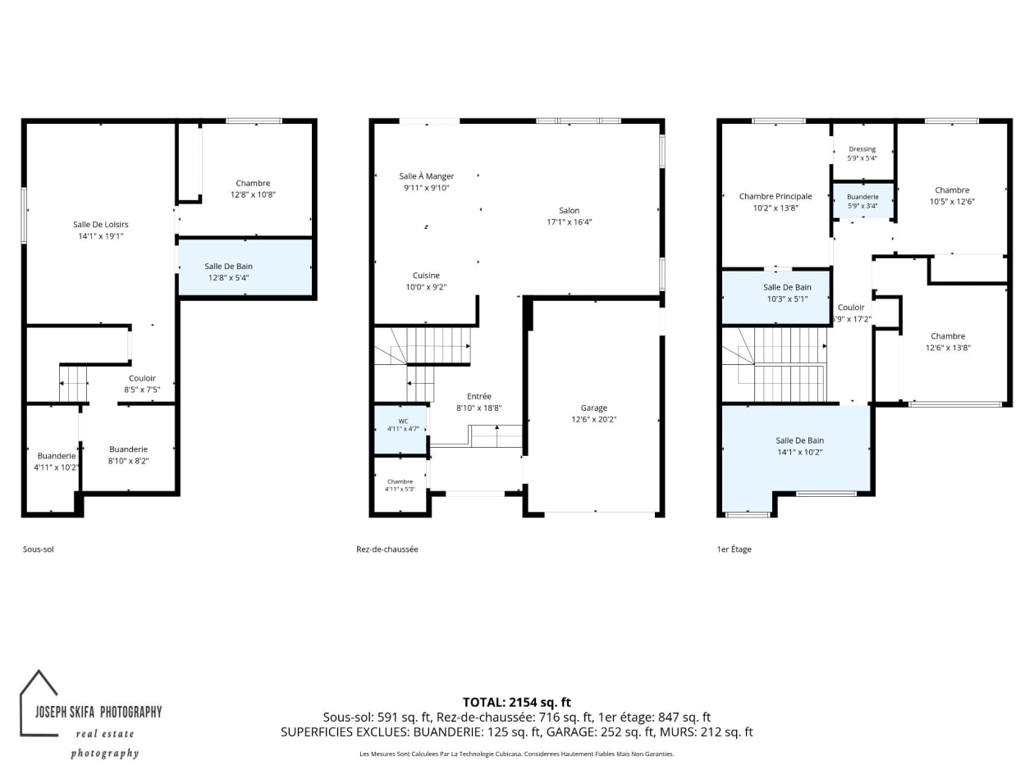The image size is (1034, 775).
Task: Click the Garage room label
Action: pos(593,408)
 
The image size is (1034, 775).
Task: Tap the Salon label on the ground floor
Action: pos(569,210)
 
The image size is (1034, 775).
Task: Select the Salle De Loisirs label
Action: pos(101,225)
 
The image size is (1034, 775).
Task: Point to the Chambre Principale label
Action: pos(775,196)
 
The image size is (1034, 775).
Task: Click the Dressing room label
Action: pos(862,149)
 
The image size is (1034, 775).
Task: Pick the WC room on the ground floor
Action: pos(401,429)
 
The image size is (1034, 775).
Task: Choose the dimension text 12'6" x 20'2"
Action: pos(593,419)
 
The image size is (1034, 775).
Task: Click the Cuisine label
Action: pos(426,276)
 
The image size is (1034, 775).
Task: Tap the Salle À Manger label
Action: pos(426,176)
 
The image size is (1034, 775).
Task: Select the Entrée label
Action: pos(479,396)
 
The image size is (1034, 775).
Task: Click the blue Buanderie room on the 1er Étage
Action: pos(862,201)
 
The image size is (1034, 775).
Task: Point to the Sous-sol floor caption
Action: pos(38,549)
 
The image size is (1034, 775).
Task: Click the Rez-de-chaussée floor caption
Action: pos(387,549)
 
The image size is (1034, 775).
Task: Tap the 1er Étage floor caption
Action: pos(734,549)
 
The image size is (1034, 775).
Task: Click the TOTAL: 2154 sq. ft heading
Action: pos(517,702)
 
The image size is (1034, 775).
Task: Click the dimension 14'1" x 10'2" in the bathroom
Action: pos(799,452)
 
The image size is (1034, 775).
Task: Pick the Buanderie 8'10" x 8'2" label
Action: pos(128,455)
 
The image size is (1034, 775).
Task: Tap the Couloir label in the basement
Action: pos(142,378)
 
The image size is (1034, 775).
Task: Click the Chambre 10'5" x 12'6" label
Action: pos(952,196)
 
